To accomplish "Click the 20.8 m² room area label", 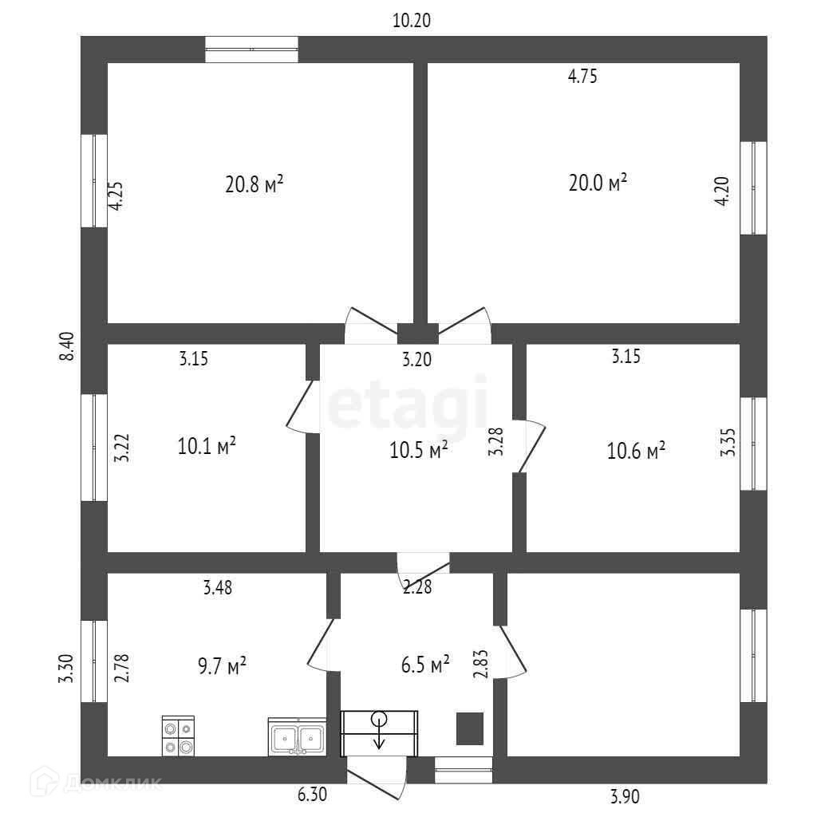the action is click(255, 185).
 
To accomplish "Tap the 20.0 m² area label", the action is click(598, 183).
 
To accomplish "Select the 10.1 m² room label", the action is click(207, 446).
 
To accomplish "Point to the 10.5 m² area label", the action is click(418, 450).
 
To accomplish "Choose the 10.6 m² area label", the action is click(636, 452).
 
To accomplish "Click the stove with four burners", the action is click(178, 736).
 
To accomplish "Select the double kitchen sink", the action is click(297, 737).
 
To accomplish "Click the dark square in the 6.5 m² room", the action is click(469, 728).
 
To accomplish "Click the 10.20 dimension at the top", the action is click(412, 22).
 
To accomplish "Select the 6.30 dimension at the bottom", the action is click(311, 795).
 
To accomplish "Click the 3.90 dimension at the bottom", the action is click(624, 795).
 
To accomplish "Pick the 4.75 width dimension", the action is click(582, 77).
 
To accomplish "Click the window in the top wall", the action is click(251, 49).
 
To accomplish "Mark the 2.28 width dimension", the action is click(416, 588).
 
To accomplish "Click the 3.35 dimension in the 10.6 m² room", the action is click(728, 441).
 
